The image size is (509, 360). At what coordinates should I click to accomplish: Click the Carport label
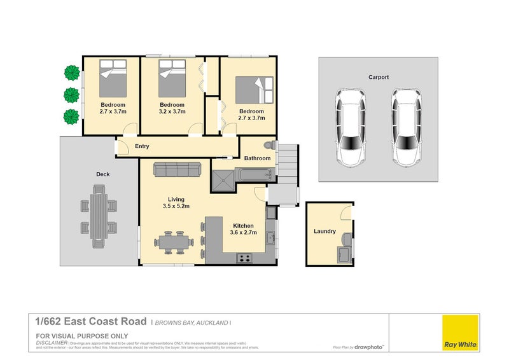click(x=378, y=77)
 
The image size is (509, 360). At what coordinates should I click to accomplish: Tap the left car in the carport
click(x=351, y=127)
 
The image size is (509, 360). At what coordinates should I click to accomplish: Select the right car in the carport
click(x=406, y=127)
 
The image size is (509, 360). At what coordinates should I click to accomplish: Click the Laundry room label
click(x=324, y=232)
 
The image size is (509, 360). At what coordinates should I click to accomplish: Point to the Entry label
click(x=142, y=146)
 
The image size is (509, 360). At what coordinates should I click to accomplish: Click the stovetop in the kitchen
click(x=244, y=258)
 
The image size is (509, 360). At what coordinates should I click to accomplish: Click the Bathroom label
click(x=258, y=158)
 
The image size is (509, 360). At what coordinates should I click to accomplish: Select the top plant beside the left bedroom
click(x=71, y=73)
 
